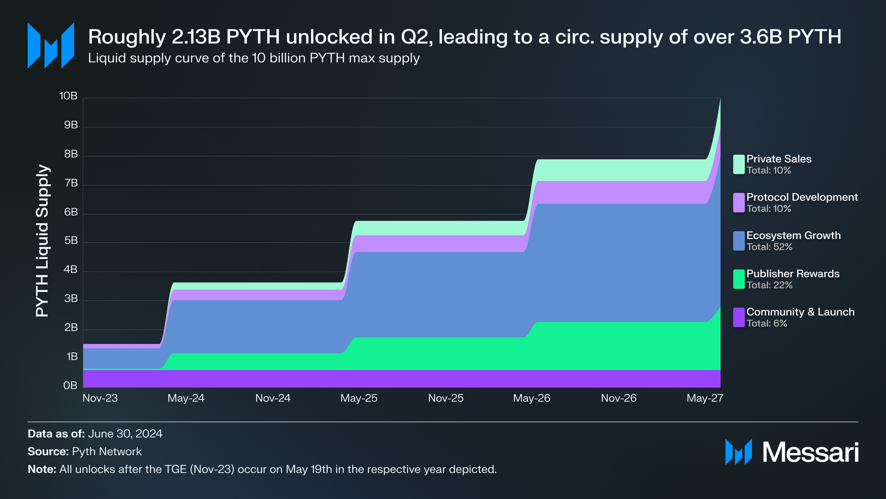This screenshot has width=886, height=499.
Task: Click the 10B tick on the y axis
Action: pos(69,96)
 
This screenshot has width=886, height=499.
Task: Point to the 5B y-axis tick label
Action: pos(71,241)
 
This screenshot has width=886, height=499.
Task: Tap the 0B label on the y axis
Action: pos(70,386)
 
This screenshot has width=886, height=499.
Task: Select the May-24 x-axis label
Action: pos(186,398)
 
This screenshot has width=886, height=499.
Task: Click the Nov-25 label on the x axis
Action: pos(445,398)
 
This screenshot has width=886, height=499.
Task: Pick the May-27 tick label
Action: pos(705,398)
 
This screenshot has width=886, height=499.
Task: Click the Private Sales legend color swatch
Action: pos(739,164)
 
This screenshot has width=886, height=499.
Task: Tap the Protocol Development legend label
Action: pos(802,197)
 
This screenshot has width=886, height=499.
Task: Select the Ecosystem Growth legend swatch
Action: pos(739,241)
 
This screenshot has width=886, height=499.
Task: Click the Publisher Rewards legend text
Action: pos(793,274)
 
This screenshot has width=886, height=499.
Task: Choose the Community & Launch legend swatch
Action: pos(739,318)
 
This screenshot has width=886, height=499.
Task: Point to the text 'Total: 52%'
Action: pos(769,247)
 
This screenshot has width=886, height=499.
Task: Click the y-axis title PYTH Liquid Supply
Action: pos(43,241)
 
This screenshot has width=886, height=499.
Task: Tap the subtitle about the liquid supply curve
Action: pos(254,58)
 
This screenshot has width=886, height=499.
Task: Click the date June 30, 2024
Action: pos(125,434)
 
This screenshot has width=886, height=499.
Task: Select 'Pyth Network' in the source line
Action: pos(107,452)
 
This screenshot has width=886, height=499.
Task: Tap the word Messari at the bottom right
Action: pos(810,453)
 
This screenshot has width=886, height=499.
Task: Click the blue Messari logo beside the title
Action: pos(51,46)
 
